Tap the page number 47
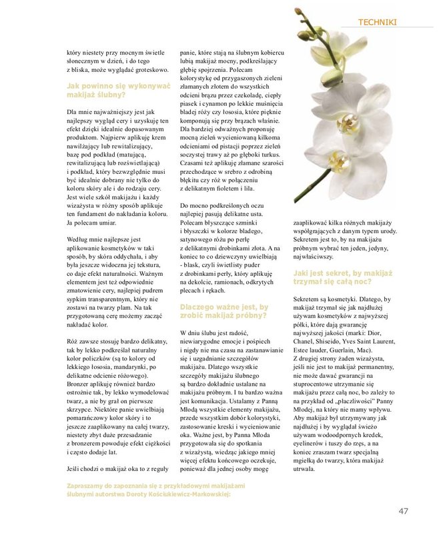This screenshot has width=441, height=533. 403,512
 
